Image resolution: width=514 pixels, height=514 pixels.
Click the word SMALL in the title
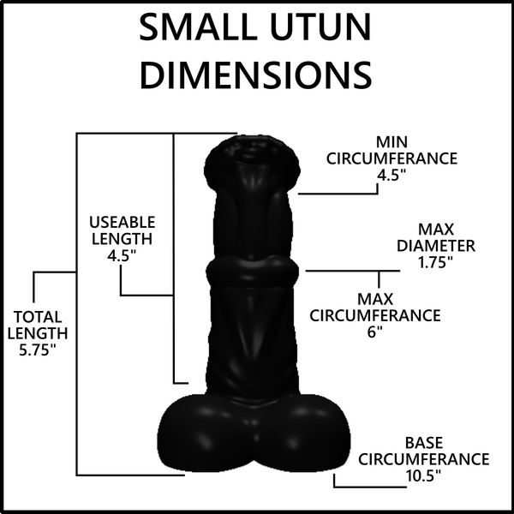[198, 27]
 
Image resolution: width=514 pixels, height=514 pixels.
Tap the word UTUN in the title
[321, 27]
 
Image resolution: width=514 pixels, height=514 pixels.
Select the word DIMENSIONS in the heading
[255, 75]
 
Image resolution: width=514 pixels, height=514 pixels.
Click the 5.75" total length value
[38, 350]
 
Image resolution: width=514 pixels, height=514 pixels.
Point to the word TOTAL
[38, 317]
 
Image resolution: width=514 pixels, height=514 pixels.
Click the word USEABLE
[122, 222]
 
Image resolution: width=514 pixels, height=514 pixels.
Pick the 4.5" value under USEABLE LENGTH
[122, 255]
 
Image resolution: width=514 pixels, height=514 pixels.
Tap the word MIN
[391, 142]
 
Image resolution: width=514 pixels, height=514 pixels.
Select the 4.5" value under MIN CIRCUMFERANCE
[391, 175]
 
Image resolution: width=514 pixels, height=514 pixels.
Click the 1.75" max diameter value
[436, 262]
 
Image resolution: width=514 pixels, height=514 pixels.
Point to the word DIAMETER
[436, 246]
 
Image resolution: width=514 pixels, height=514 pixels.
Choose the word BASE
[424, 443]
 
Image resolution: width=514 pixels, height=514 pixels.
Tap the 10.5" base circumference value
[423, 475]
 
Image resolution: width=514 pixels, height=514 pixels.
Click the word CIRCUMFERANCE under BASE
[423, 459]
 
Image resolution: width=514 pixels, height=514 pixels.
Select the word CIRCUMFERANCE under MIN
[391, 158]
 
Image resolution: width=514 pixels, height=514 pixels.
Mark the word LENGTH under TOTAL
[38, 333]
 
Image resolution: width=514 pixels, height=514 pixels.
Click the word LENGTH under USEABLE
[122, 239]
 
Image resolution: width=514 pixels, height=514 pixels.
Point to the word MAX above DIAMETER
[436, 230]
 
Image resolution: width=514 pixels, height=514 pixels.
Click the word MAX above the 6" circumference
[375, 299]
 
